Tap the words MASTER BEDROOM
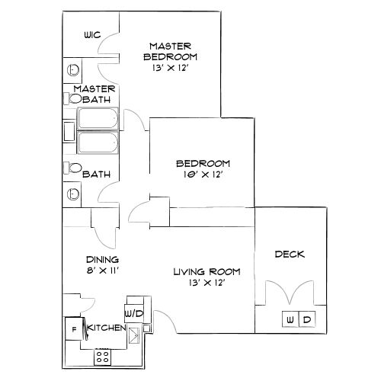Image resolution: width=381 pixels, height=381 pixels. tap(173, 51)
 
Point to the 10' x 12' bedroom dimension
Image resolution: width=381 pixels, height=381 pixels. tap(203, 174)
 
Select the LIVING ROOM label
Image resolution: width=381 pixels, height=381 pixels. tap(207, 271)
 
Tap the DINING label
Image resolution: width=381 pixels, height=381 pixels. tap(101, 259)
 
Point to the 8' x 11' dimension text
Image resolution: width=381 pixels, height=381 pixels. tap(101, 270)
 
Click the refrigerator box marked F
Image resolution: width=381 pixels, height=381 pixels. tap(74, 329)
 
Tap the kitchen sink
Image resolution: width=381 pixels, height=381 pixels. tap(134, 333)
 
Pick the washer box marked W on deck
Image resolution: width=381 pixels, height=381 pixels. tap(290, 319)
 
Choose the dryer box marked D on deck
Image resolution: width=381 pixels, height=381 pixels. tap(306, 319)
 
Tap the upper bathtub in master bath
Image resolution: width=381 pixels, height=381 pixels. tap(96, 120)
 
